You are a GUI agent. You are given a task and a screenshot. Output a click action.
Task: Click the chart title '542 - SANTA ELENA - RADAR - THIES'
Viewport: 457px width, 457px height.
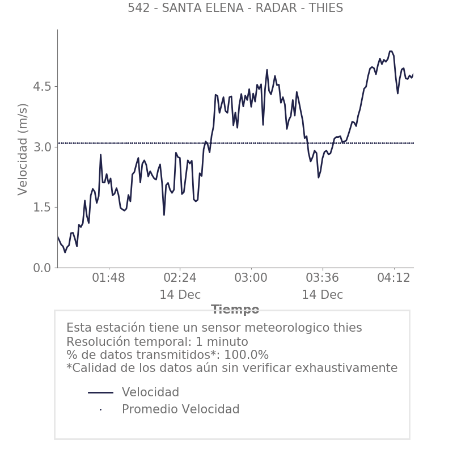coord(235,8)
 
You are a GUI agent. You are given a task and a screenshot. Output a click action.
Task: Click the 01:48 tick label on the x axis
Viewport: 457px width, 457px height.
coord(108,279)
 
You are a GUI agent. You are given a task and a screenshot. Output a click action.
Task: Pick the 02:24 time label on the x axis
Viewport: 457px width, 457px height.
coord(180,279)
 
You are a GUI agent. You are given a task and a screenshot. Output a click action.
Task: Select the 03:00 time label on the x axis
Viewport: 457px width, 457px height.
coord(251,279)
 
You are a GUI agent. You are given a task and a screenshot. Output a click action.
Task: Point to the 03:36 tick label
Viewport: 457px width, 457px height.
coord(322,279)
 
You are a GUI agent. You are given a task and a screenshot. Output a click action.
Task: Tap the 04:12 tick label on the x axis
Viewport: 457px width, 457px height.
coord(393,279)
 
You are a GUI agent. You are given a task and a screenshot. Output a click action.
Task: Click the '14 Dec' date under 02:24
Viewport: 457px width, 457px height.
coord(180,295)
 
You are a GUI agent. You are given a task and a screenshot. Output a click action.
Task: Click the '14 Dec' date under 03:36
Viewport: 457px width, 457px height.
coord(322,295)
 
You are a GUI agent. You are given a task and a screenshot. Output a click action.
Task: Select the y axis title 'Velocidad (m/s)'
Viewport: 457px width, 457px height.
coord(23,149)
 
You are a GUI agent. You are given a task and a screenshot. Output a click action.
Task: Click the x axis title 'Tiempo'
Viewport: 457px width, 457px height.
coord(235,310)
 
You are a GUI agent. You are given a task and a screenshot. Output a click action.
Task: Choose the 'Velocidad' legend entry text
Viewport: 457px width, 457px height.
coord(150,393)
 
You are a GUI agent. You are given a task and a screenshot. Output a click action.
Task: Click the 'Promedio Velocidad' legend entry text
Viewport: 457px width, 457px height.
coord(180,410)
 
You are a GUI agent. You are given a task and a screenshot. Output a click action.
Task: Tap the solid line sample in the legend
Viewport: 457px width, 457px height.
coord(101,393)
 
